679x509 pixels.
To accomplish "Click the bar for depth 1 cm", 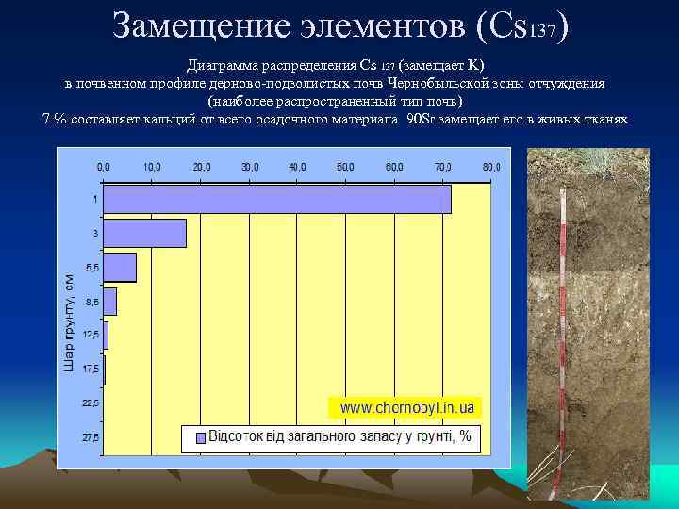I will coord(277,200).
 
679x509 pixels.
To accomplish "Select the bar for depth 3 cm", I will coord(144,233).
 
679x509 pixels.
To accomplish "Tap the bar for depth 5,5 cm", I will coord(120,268).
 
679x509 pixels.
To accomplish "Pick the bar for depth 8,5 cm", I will coord(110,302).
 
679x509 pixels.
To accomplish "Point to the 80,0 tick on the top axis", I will coord(491,167).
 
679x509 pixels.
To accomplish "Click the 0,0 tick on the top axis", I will coord(104,167).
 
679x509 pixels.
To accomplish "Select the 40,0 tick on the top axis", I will coord(297,167).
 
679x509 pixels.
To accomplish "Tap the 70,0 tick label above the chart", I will coord(443,167).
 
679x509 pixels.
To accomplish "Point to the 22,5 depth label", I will coord(90,403).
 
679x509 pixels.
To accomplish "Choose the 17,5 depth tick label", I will coord(90,369).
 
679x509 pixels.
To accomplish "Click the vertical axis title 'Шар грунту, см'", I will coord(69,321).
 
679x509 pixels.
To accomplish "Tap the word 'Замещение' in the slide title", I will coord(196,25).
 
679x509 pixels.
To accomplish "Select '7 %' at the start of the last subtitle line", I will coord(55,120).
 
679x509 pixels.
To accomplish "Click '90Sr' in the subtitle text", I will coord(420,120).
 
